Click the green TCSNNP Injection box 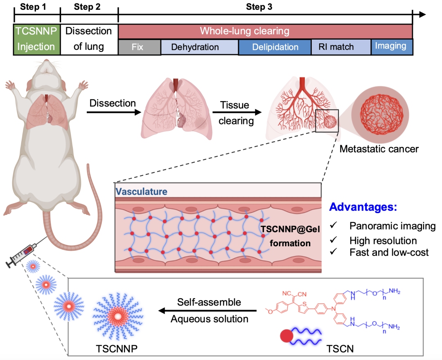click(x=37, y=39)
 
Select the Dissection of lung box click(x=89, y=39)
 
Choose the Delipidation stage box click(x=275, y=47)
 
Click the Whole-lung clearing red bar click(x=265, y=31)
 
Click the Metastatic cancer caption click(x=379, y=149)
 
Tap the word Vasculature click(x=141, y=191)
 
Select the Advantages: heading click(x=363, y=207)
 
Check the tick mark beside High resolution click(x=334, y=240)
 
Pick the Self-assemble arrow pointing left click(x=209, y=311)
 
